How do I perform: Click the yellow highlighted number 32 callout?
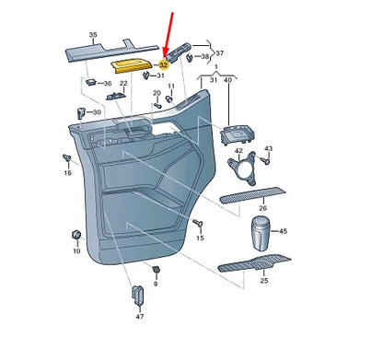[x=163, y=64]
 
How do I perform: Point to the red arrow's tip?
[x=165, y=58]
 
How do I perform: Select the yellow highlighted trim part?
[x=131, y=66]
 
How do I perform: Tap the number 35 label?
[x=93, y=35]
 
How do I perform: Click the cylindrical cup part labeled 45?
[x=261, y=233]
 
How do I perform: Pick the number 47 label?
[x=140, y=316]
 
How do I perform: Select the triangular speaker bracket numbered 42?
[x=242, y=168]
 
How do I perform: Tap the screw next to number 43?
[x=265, y=160]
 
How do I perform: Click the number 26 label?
[x=262, y=208]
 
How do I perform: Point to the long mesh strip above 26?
[x=252, y=195]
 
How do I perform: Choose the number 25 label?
[x=264, y=280]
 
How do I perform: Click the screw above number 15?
[x=198, y=223]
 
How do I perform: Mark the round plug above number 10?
[x=75, y=235]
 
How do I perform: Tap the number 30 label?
[x=97, y=112]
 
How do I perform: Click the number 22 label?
[x=123, y=83]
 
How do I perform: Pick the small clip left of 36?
[x=91, y=82]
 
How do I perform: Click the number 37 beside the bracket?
[x=220, y=53]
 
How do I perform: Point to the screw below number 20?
[x=157, y=105]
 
